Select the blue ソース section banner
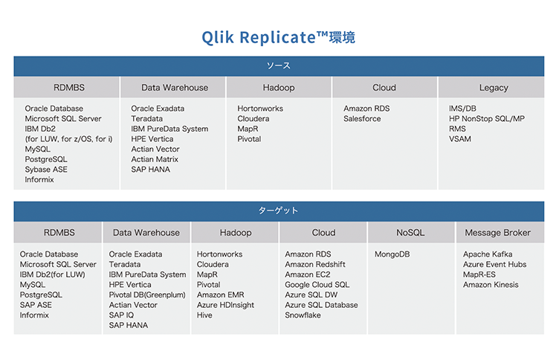(x=279, y=66)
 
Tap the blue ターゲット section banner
(x=279, y=211)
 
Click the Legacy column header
(x=494, y=88)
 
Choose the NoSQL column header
(x=410, y=233)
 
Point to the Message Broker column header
(x=498, y=233)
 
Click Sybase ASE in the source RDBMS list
(x=46, y=170)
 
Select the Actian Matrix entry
(x=155, y=159)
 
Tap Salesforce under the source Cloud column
(x=362, y=118)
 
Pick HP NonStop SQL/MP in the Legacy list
(x=487, y=118)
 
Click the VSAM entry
(x=460, y=139)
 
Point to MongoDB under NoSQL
(x=392, y=254)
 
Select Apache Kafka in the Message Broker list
(x=488, y=254)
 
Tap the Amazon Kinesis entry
(x=491, y=285)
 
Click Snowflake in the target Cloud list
(x=303, y=315)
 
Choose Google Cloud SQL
(x=317, y=285)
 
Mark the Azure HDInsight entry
(x=225, y=305)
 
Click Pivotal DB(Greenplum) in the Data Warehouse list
(x=147, y=295)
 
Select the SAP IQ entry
(x=121, y=315)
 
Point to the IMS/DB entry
(x=462, y=109)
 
